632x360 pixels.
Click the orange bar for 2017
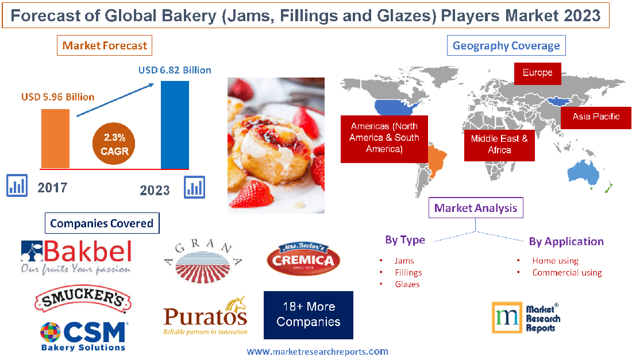(55, 138)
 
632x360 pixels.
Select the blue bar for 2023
(175, 125)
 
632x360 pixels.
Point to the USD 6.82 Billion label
(175, 70)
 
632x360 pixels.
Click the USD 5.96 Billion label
(57, 97)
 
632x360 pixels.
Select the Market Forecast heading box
(105, 45)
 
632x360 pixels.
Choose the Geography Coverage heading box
(506, 45)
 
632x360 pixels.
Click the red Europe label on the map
(537, 73)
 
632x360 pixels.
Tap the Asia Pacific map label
(596, 117)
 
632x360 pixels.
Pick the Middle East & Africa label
(499, 144)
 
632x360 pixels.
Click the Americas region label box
(384, 138)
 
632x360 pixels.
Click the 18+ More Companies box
(308, 315)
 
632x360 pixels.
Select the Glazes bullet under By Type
(407, 284)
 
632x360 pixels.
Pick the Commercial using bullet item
(567, 273)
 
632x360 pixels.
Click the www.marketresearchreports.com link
(317, 351)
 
